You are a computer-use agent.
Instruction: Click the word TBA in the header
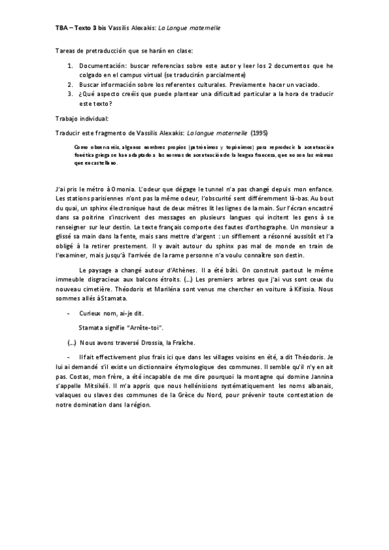click(x=61, y=29)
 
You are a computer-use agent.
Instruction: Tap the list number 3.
click(x=70, y=94)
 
